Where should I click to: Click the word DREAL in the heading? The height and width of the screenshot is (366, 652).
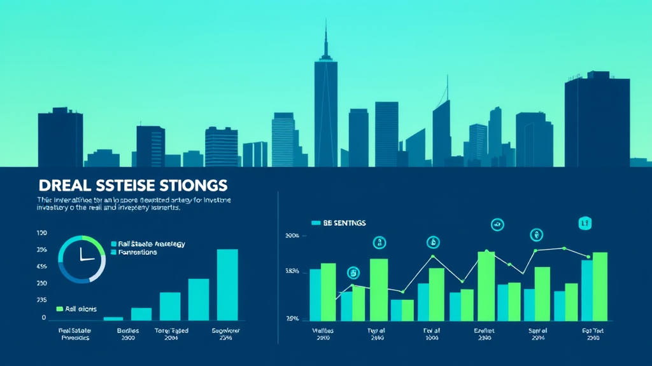[x=62, y=186]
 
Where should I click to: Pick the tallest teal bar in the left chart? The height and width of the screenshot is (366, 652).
[x=227, y=284]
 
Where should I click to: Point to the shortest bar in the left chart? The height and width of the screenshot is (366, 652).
[x=113, y=318]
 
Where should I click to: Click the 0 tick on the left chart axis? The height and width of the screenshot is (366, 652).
[x=44, y=317]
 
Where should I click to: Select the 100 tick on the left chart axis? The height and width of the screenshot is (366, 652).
[x=42, y=233]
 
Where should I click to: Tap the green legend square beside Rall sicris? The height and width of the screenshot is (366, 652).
[x=60, y=309]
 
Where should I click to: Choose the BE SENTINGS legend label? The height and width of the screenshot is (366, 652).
[x=344, y=223]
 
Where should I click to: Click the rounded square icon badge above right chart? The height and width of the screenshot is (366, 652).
[x=584, y=222]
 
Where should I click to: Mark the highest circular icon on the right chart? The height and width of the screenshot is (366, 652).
[x=497, y=224]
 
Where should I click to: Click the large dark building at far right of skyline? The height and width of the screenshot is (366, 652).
[x=597, y=121]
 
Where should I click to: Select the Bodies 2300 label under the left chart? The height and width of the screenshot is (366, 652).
[x=127, y=334]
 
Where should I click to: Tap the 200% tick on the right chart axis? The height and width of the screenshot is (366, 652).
[x=292, y=236]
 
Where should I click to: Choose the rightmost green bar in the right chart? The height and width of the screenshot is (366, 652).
[x=600, y=286]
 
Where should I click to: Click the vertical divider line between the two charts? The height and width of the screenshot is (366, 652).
[x=278, y=267]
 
